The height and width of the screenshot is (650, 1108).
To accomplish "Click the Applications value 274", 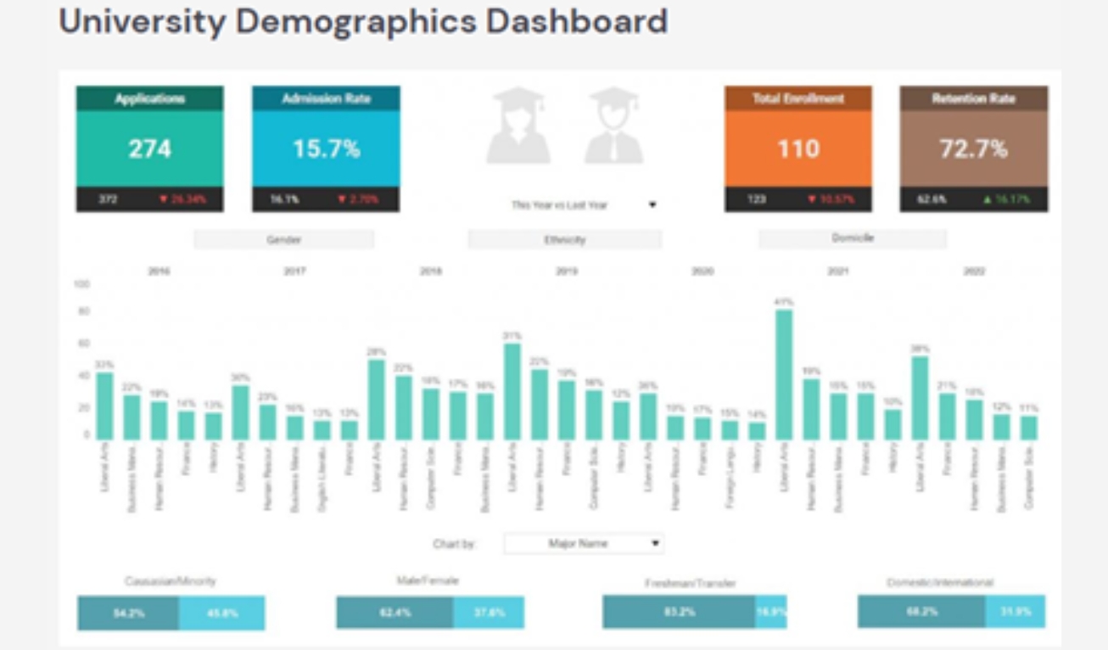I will tap(149, 149).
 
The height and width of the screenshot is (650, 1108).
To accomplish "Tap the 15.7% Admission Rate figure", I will tap(326, 149).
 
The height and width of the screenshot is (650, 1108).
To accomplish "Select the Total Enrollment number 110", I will tap(797, 149).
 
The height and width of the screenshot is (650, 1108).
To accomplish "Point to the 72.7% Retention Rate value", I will tap(973, 149).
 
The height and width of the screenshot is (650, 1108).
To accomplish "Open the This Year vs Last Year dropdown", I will tap(583, 205).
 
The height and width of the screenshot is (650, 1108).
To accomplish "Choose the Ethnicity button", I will tap(564, 240).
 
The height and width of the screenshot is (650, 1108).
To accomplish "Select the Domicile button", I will tap(853, 239).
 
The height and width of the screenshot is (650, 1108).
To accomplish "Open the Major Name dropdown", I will tap(584, 543).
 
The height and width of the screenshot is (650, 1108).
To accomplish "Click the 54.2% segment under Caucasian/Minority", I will tap(128, 613).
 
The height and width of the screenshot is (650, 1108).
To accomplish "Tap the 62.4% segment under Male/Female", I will tap(395, 613).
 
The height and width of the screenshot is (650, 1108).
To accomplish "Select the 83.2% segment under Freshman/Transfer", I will tap(679, 611).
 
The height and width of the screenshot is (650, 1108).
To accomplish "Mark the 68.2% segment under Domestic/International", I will tap(921, 611).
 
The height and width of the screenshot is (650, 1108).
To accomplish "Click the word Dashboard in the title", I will tap(577, 21).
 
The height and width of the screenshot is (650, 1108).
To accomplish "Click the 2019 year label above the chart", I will tap(567, 272).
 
